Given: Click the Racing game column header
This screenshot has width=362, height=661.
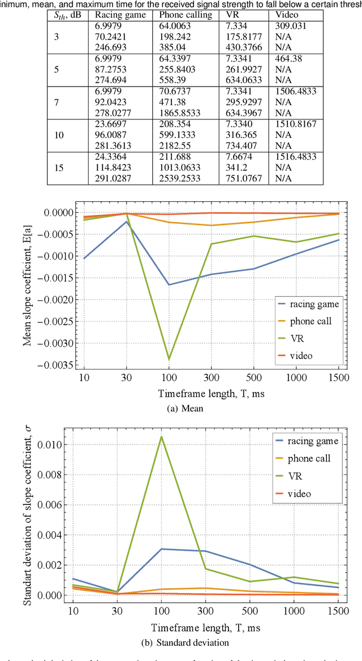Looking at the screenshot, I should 115,16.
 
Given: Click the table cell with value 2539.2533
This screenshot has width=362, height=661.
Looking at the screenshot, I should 180,178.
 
